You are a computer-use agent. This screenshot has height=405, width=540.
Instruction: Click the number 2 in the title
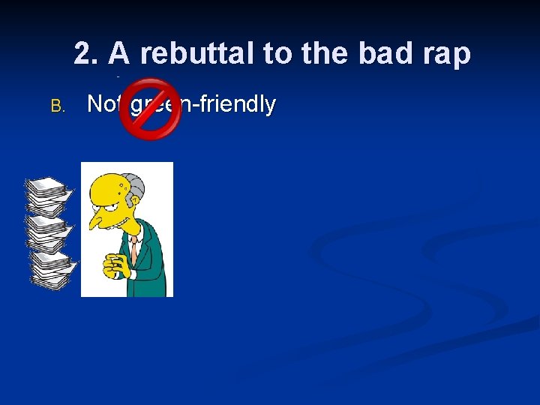pyautogui.click(x=85, y=54)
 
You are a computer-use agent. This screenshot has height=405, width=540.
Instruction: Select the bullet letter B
pyautogui.click(x=58, y=106)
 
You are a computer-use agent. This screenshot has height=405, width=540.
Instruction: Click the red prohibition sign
pyautogui.click(x=150, y=109)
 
